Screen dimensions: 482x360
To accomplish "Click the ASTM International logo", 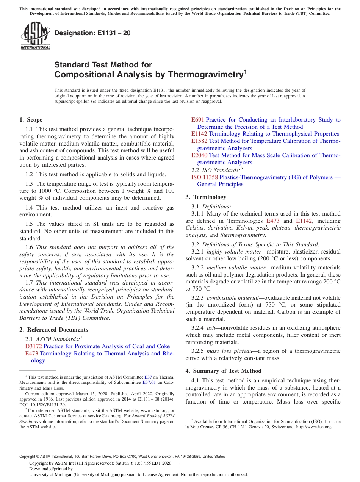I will (x=35, y=36).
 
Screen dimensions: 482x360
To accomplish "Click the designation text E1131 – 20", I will (x=92, y=33).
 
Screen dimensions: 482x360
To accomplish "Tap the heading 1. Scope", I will (x=31, y=120).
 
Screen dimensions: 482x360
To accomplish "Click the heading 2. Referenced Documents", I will (x=53, y=330).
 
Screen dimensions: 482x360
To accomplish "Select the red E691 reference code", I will (x=197, y=120).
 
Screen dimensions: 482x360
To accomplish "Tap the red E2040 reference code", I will (x=199, y=155).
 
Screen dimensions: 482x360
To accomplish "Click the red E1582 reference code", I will (x=199, y=141).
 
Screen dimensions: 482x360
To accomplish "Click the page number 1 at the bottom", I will (x=180, y=465).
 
